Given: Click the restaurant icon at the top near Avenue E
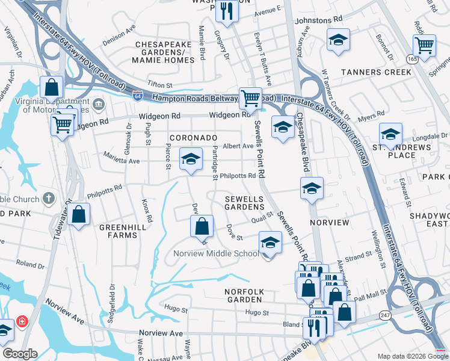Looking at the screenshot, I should pos(226,11).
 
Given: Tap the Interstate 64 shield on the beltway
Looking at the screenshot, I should pos(138,95).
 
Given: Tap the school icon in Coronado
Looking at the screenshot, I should pos(191,159).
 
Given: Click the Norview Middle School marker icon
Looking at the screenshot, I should pos(270,244).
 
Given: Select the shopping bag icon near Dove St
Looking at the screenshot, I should pos(202,227).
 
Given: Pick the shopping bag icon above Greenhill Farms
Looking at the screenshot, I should pos(78,214).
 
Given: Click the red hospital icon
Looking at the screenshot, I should pos(23,321).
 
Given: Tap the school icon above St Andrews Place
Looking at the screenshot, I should pos(390,134).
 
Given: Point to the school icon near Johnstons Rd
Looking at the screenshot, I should pos(338,40).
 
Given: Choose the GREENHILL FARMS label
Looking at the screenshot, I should pos(119,231).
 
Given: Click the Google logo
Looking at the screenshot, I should pos(20,354).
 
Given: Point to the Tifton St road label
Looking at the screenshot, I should pos(159,86).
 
